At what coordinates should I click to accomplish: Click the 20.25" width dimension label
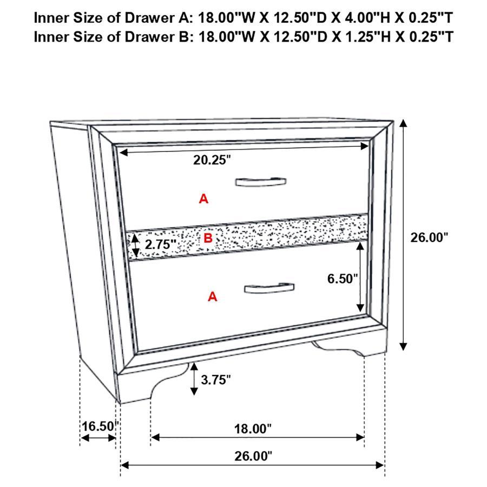point(212,160)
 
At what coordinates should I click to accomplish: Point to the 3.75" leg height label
point(215,379)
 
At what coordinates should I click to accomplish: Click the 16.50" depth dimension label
point(98,426)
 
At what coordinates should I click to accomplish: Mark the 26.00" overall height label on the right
point(429,237)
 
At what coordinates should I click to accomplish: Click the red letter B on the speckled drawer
point(208,238)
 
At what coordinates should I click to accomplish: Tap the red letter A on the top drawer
point(203,199)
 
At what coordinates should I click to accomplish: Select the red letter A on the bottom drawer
point(213,296)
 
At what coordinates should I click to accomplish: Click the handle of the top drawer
point(261,181)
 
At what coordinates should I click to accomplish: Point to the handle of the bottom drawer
point(269,287)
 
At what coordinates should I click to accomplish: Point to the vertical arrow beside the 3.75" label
point(194,379)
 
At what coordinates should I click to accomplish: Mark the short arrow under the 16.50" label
point(98,437)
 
